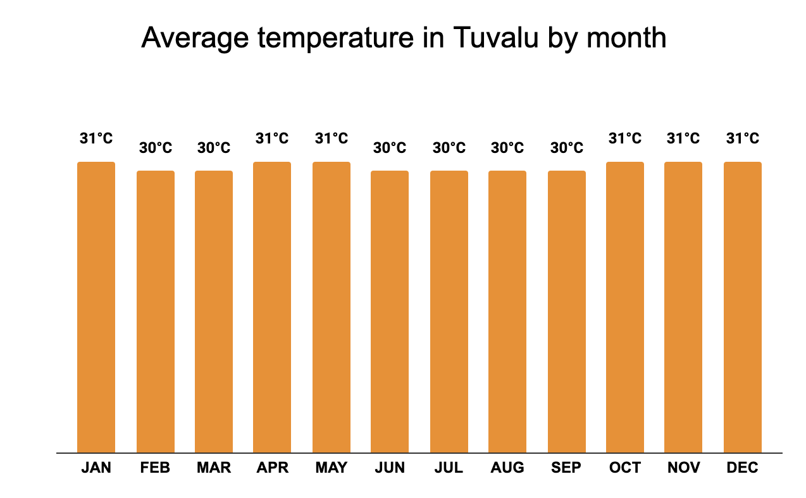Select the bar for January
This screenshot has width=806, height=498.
point(96,307)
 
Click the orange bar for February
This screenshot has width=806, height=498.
point(156,312)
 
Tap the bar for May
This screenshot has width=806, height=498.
point(332,307)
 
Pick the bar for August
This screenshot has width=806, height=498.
point(507,312)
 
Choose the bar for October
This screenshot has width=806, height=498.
point(625,307)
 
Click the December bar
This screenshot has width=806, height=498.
point(743,307)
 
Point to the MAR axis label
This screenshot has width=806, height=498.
point(214,468)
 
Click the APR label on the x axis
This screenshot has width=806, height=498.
point(272,468)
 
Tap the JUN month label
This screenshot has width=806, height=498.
point(390,468)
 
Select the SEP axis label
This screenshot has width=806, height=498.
point(567,468)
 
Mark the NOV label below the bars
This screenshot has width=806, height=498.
point(683,468)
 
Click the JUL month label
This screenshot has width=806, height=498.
point(449,468)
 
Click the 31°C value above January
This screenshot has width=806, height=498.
point(96,138)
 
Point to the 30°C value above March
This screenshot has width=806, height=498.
point(214,148)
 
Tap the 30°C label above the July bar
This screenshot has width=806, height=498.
point(449,148)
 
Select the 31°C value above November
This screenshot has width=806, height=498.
point(683,138)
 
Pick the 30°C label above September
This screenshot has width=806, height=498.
point(567,148)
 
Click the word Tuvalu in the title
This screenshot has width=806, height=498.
point(495,38)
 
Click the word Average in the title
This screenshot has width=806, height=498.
point(195,38)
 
